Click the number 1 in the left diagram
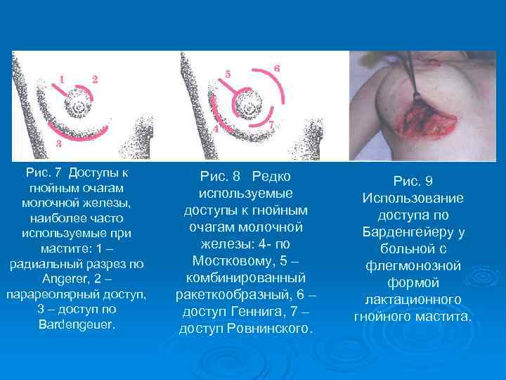[x=63, y=80]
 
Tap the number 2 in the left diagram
[x=94, y=78]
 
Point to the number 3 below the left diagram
[x=60, y=142]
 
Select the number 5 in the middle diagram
[x=227, y=73]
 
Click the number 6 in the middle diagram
[x=277, y=68]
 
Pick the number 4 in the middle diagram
[x=216, y=128]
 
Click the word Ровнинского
[x=269, y=328]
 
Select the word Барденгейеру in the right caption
[x=413, y=232]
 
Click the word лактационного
[x=413, y=299]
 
